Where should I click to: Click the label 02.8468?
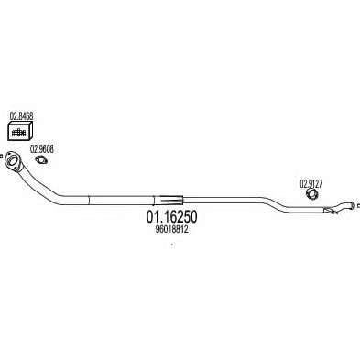21,116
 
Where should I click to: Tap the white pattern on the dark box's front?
17,133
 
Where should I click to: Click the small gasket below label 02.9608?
42,163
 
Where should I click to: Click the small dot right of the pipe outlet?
357,210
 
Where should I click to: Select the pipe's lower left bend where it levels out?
64,195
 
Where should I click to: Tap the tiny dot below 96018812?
172,256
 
